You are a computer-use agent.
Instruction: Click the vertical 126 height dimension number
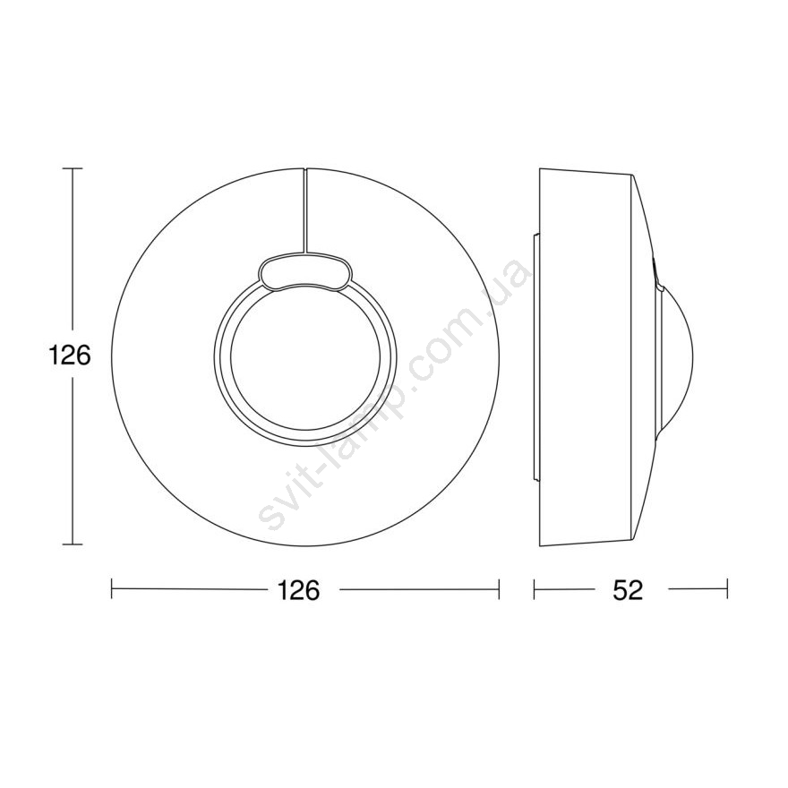pos(69,355)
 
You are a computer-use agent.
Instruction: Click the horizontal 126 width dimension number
pos(298,589)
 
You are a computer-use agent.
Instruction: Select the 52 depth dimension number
pos(628,589)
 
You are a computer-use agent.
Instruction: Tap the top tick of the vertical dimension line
pos(73,168)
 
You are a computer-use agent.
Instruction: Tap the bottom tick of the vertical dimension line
pos(73,544)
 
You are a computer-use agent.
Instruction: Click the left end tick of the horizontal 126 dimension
pos(112,589)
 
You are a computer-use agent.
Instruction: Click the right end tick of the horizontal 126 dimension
pos(499,589)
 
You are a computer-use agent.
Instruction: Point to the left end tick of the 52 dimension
pos(535,589)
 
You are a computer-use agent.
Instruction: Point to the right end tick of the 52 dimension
pos(727,589)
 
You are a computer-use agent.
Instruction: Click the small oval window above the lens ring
pos(305,272)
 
